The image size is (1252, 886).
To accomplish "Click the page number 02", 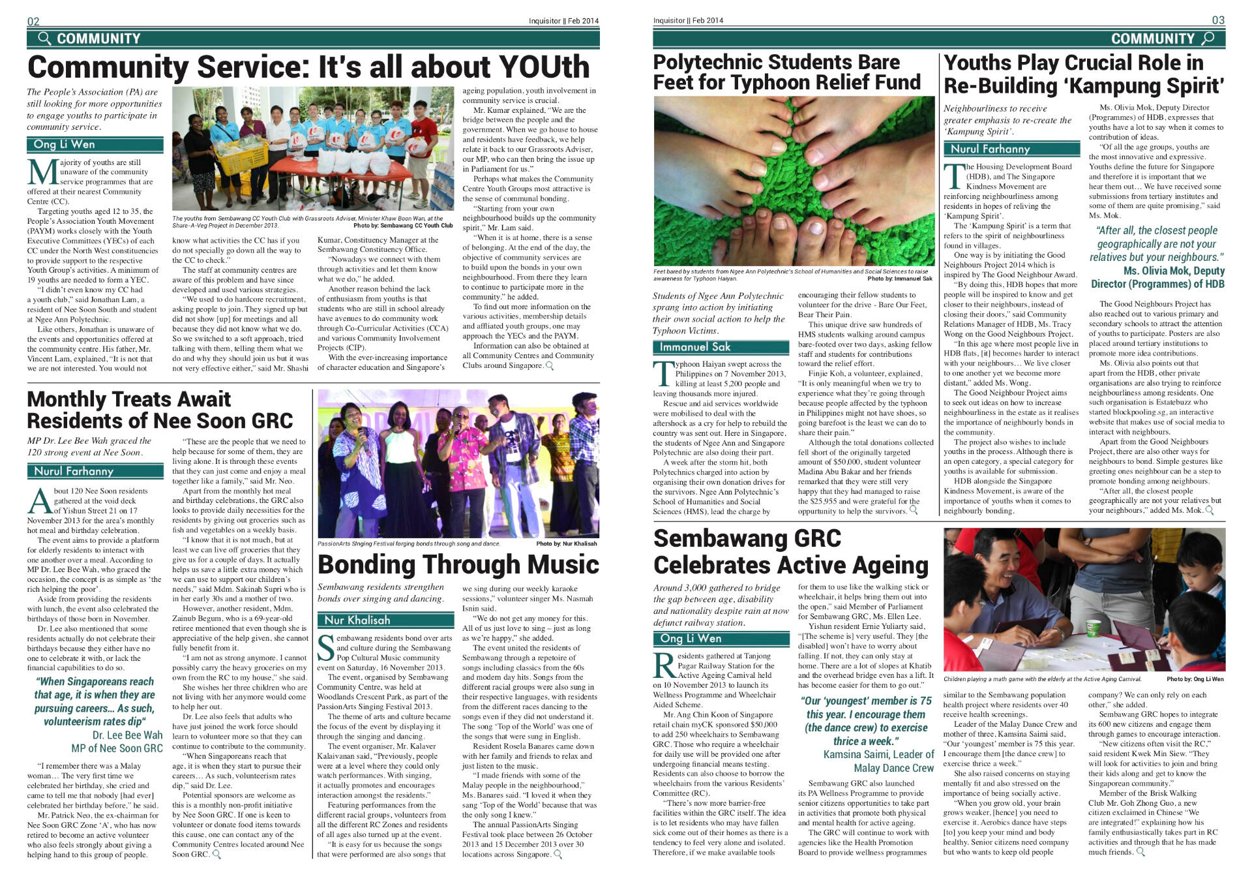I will pyautogui.click(x=33, y=21).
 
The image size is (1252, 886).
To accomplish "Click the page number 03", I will pyautogui.click(x=1218, y=20).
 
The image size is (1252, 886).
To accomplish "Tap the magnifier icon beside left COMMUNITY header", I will pyautogui.click(x=44, y=38).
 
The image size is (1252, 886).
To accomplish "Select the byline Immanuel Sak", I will pyautogui.click(x=694, y=347).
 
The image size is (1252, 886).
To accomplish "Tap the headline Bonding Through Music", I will pyautogui.click(x=458, y=564).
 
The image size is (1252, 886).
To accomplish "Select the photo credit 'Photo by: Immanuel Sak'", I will pyautogui.click(x=900, y=279).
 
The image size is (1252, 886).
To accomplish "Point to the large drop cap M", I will pyautogui.click(x=42, y=172).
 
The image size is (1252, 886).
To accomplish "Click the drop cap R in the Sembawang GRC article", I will pyautogui.click(x=664, y=665).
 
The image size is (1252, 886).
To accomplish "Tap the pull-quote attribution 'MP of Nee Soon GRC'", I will pyautogui.click(x=117, y=748).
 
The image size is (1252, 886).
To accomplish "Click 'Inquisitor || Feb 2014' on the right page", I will pyautogui.click(x=688, y=21).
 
